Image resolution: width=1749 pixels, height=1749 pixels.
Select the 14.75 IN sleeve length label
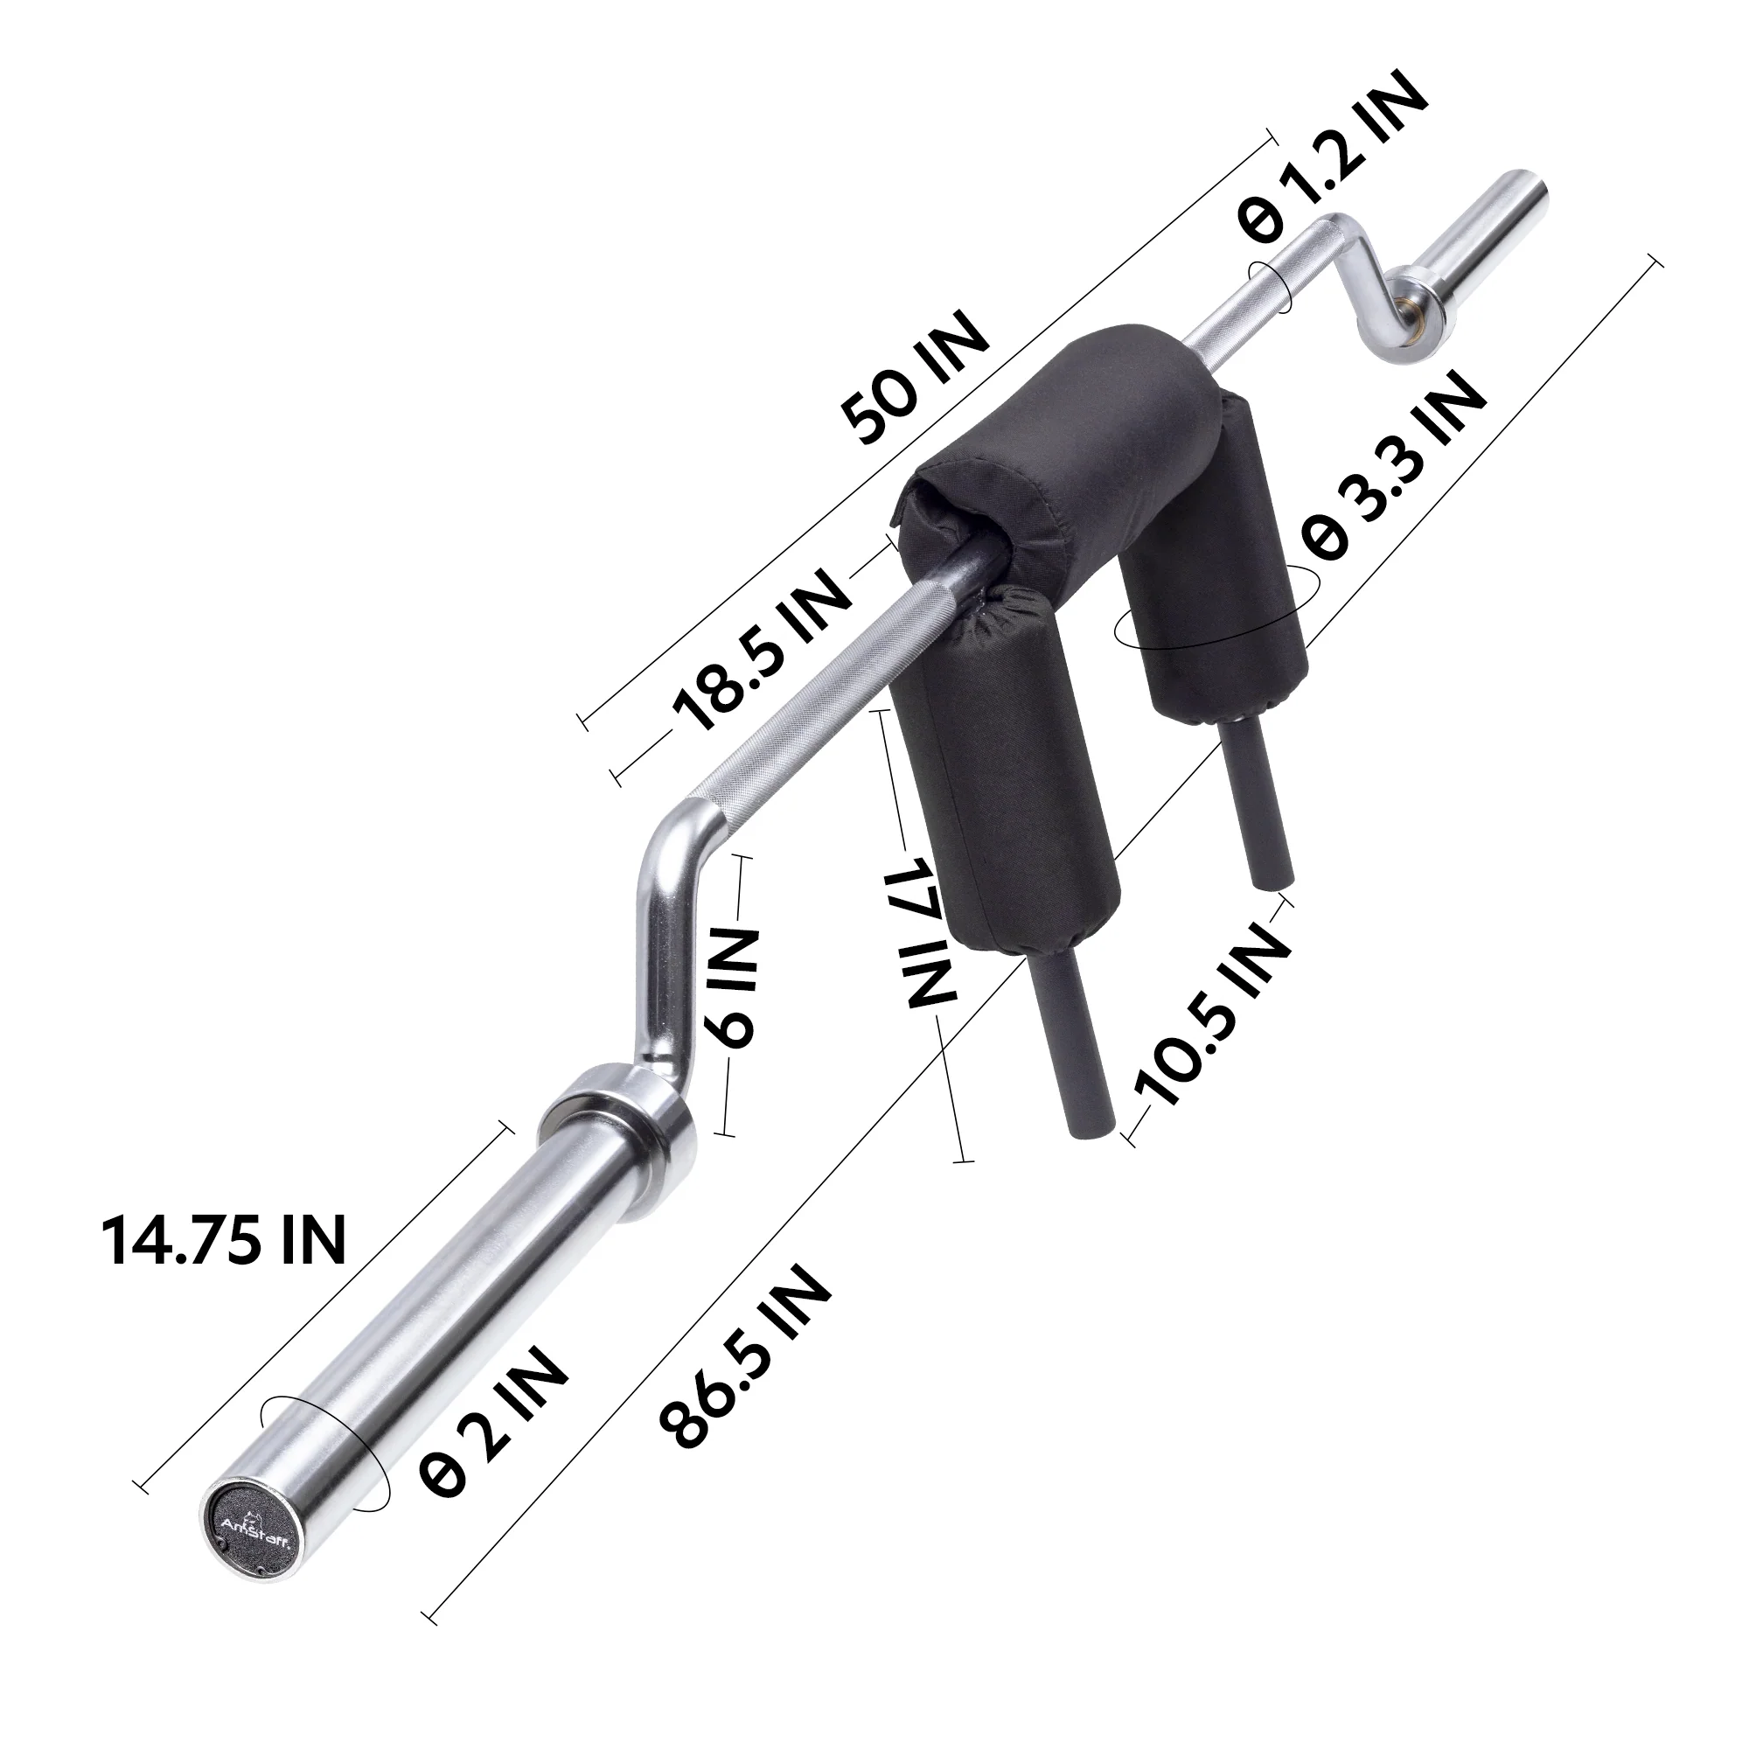[223, 1239]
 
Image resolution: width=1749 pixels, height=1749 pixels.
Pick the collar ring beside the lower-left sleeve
[624, 1118]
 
